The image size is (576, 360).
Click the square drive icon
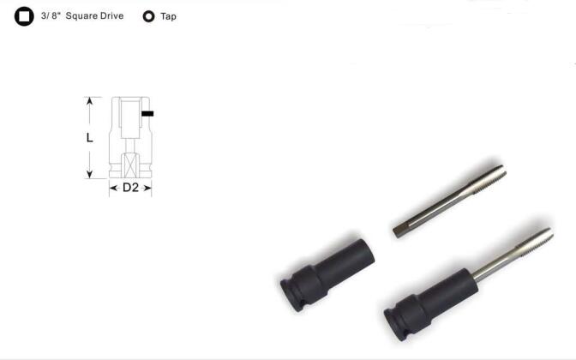coord(24,16)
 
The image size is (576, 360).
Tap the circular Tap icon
coord(149,16)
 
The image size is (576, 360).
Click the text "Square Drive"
coord(94,15)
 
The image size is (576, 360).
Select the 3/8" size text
coord(51,15)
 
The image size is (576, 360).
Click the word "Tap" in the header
coord(168,16)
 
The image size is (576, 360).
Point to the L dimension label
coord(90,138)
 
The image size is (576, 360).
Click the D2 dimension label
coord(130,188)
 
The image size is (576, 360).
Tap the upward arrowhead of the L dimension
coord(90,100)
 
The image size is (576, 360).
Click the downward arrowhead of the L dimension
coord(90,175)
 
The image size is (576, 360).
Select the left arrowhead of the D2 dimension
coord(113,188)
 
